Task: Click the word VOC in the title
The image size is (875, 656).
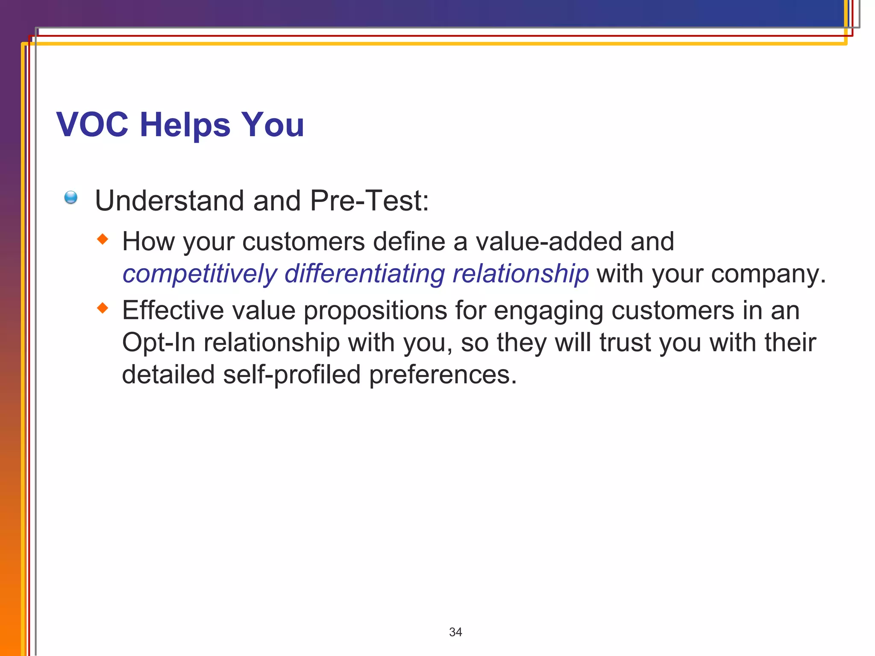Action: pos(92,125)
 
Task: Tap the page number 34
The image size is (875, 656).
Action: pos(455,632)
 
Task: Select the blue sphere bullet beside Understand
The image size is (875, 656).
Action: pos(71,197)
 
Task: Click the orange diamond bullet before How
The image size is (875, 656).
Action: pos(103,239)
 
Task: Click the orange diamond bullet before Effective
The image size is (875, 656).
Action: pos(103,308)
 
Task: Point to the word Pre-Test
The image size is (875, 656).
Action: pos(369,200)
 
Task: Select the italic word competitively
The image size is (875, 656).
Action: pos(200,274)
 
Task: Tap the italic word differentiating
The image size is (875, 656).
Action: pos(364,273)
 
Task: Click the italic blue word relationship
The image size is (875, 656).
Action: pos(520,274)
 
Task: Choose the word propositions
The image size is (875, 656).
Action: pos(375,311)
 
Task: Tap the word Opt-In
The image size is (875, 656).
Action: pos(159,343)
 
